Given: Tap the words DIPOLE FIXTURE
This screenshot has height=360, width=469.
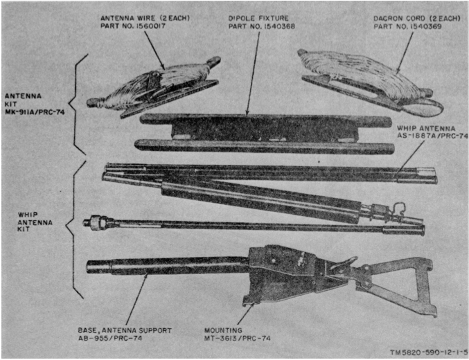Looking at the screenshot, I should click(258, 17).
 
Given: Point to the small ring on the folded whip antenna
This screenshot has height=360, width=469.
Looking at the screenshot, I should click(400, 205).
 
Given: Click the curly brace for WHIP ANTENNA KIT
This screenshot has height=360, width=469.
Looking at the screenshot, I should click(77, 222).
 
